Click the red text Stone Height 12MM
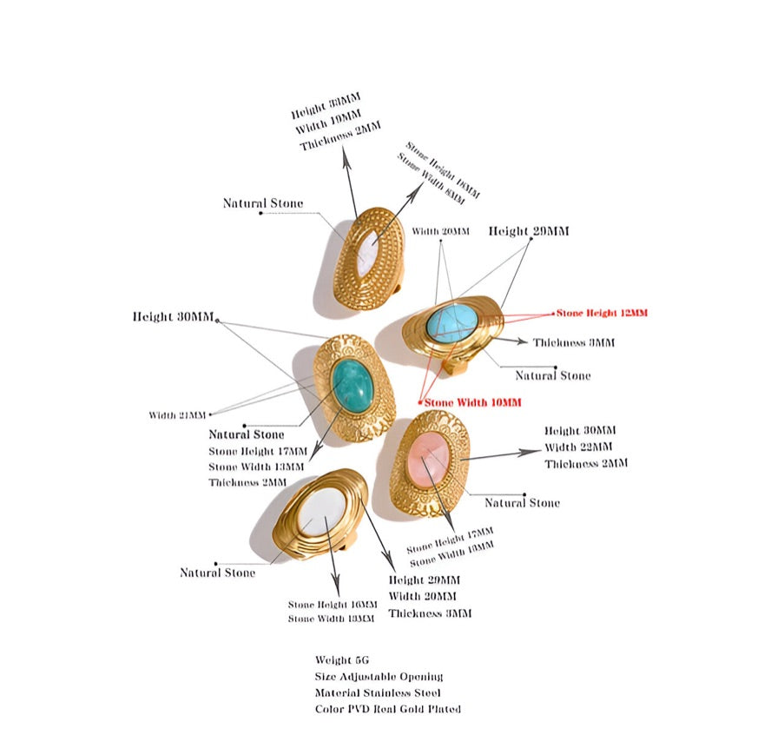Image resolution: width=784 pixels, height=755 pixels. click(602, 313)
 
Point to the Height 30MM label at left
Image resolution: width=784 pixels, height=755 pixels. click(173, 317)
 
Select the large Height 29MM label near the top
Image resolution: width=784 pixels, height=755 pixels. click(529, 231)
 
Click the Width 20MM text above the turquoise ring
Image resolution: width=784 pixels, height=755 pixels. click(440, 232)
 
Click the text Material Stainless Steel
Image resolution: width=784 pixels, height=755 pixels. click(378, 692)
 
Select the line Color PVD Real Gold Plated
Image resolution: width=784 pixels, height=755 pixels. click(388, 709)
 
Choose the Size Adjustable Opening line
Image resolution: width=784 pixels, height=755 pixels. click(379, 676)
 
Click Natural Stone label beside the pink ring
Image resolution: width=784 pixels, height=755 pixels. click(522, 503)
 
